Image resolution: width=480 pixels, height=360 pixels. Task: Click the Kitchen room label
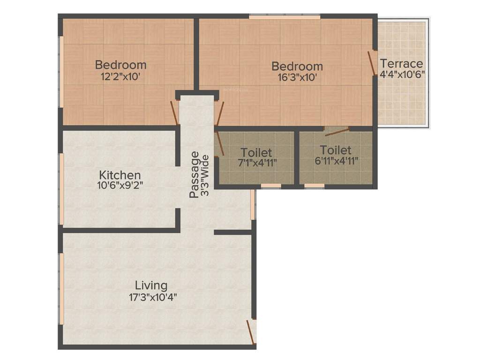click(119, 175)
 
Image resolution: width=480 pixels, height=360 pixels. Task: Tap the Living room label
click(151, 285)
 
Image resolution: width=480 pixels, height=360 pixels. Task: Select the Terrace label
click(401, 63)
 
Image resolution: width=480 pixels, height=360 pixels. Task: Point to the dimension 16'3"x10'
click(297, 78)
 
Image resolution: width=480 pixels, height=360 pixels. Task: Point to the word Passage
click(195, 174)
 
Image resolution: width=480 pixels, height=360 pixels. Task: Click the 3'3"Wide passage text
click(205, 174)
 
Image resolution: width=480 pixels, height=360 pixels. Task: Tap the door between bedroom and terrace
click(371, 63)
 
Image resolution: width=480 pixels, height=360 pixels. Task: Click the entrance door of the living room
click(251, 332)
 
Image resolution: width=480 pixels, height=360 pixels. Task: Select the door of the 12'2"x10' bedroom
click(174, 113)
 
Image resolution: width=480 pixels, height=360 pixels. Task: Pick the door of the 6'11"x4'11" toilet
click(337, 131)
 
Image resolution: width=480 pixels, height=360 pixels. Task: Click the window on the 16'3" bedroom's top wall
click(284, 17)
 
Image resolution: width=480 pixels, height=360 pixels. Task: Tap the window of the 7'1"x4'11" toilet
click(270, 186)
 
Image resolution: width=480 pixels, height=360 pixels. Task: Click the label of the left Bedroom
click(120, 65)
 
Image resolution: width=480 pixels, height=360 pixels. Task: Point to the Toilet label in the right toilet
click(336, 150)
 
